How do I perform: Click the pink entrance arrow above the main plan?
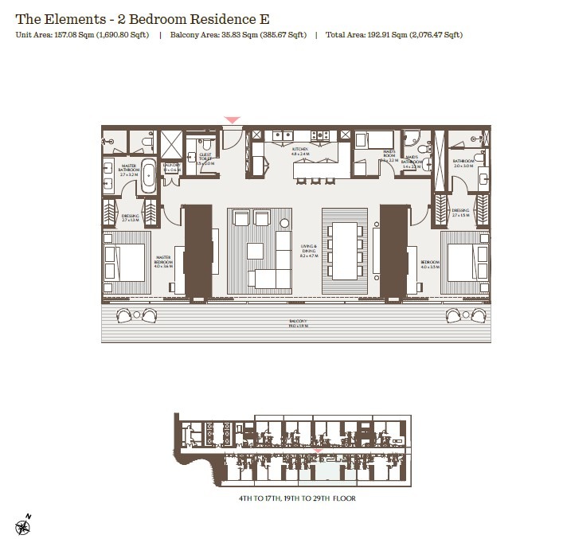pyautogui.click(x=232, y=120)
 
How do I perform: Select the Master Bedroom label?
pyautogui.click(x=164, y=260)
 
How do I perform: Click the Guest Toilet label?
pyautogui.click(x=205, y=158)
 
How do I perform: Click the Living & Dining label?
pyautogui.click(x=309, y=251)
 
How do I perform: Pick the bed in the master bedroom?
pyautogui.click(x=123, y=260)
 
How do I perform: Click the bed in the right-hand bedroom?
pyautogui.click(x=467, y=260)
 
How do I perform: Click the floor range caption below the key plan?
pyautogui.click(x=296, y=498)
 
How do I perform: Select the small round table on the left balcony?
pyautogui.click(x=137, y=316)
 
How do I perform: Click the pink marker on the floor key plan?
pyautogui.click(x=318, y=451)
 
